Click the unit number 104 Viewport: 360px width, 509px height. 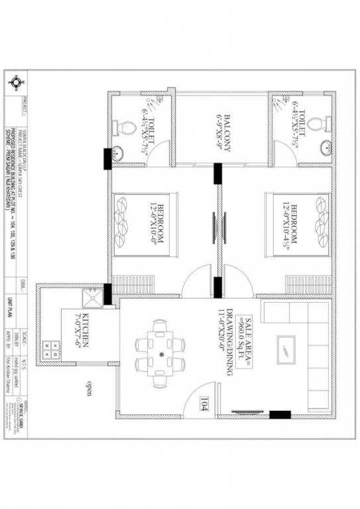[204, 402]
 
